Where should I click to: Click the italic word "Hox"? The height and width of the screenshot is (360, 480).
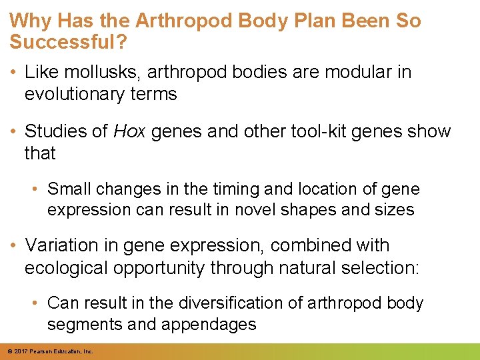(130, 131)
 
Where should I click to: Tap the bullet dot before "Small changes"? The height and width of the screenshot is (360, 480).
(38, 190)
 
